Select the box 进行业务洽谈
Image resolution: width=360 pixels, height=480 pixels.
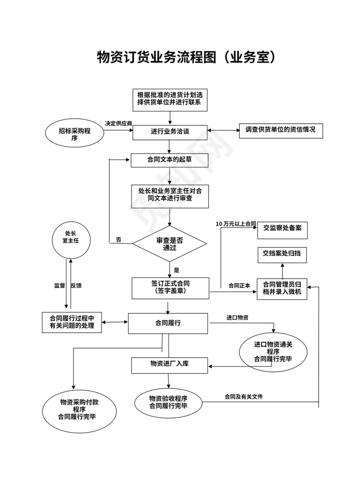pyautogui.click(x=170, y=132)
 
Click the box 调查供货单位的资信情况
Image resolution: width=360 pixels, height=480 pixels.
pyautogui.click(x=281, y=130)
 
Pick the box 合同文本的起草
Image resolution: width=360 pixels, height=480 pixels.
pyautogui.click(x=170, y=160)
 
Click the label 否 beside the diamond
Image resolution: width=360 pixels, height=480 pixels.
pyautogui.click(x=118, y=240)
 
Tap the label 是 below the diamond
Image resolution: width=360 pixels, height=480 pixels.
pyautogui.click(x=177, y=270)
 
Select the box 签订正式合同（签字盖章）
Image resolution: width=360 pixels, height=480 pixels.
pyautogui.click(x=170, y=288)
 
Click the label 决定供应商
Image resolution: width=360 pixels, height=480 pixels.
pyautogui.click(x=118, y=123)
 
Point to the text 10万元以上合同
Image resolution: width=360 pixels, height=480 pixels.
pyautogui.click(x=236, y=224)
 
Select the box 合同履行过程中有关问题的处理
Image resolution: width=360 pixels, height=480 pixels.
pyautogui.click(x=72, y=322)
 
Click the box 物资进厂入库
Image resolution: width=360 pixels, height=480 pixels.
pyautogui.click(x=170, y=364)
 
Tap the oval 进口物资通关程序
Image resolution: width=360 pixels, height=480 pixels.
pyautogui.click(x=273, y=351)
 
